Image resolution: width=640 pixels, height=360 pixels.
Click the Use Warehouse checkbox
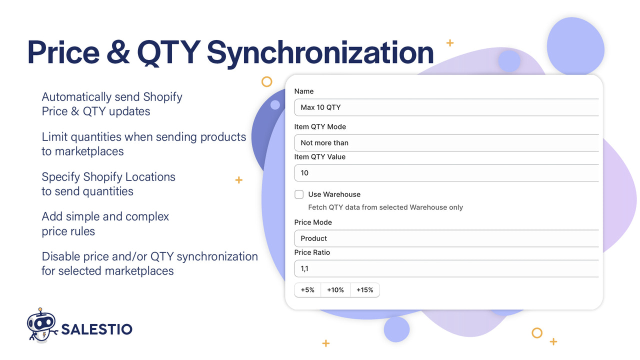(299, 194)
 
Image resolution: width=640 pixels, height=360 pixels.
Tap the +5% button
(307, 290)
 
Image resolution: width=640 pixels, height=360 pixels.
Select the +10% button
(335, 290)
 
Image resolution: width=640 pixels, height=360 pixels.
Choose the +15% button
(364, 290)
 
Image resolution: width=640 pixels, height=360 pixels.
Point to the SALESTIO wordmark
(96, 329)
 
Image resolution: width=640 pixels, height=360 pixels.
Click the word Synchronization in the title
(320, 52)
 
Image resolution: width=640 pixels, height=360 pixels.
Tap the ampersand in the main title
(118, 52)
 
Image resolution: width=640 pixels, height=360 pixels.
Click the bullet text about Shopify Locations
(108, 184)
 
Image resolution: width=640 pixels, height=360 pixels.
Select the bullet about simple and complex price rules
(105, 223)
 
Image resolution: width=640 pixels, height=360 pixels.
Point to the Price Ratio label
(312, 252)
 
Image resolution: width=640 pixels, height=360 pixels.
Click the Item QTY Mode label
(320, 127)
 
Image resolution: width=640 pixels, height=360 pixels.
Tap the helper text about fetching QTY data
(385, 207)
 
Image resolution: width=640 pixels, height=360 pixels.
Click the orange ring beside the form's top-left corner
(267, 81)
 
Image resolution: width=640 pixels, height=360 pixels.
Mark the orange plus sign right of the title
(449, 43)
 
